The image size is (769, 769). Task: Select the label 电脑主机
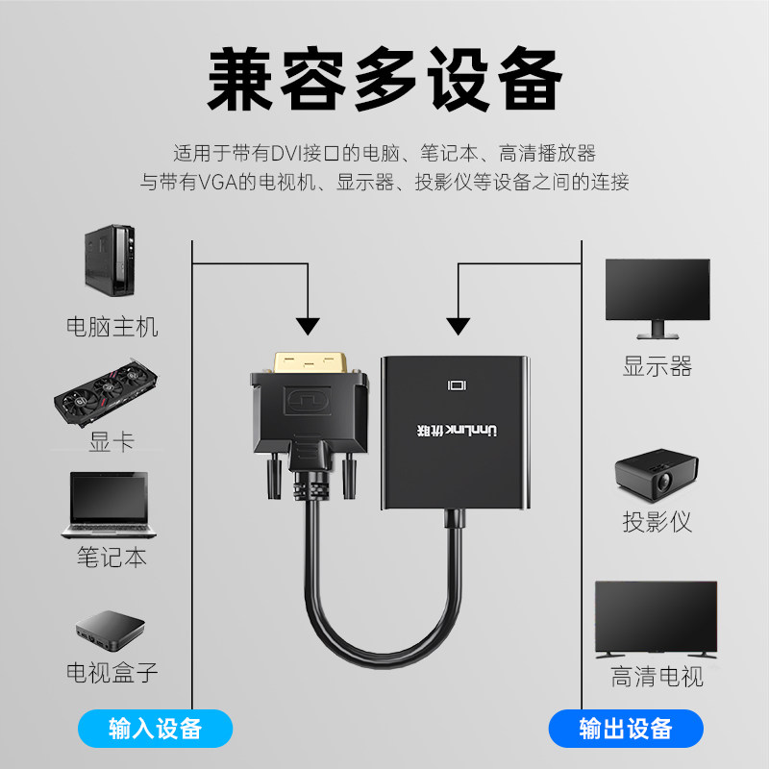point(112,326)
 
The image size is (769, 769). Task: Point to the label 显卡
point(112,441)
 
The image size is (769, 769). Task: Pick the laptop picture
point(107,504)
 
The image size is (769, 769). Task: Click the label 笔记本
point(112,557)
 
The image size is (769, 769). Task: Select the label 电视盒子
point(112,671)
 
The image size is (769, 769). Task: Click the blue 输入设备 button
point(155,728)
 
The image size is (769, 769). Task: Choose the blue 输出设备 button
point(625,728)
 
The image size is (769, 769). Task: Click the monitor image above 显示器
point(657,297)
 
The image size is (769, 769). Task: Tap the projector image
point(656,476)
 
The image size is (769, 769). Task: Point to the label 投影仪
point(657,522)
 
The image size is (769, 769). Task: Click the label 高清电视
point(657,676)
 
